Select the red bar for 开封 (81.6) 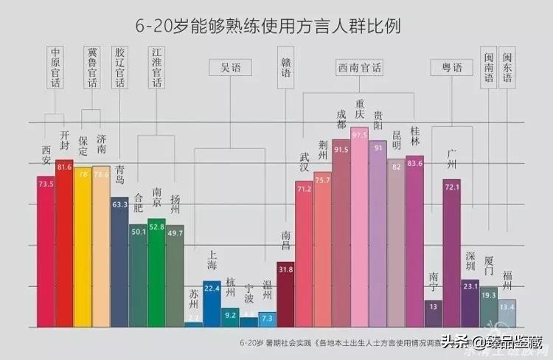(x=65, y=243)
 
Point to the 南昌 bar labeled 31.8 (x=286, y=294)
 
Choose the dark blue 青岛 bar (x=120, y=262)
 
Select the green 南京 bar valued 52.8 (x=157, y=273)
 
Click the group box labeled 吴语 (x=230, y=68)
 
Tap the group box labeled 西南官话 (x=360, y=68)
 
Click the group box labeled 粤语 (x=452, y=68)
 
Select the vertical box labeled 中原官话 (x=55, y=68)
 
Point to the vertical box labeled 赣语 (x=286, y=68)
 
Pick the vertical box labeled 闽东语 (x=507, y=68)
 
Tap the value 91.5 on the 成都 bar (x=341, y=150)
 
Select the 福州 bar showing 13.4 (x=507, y=313)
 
